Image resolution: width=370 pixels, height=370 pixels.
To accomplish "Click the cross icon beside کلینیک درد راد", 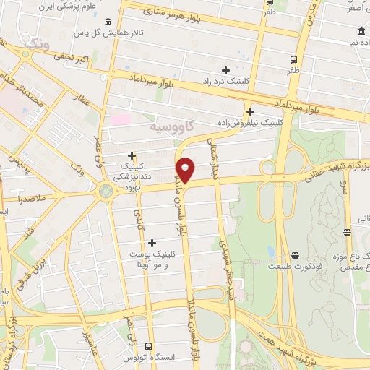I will pos(226,70).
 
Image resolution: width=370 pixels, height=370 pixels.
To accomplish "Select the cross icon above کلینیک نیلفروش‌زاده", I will pos(250,111).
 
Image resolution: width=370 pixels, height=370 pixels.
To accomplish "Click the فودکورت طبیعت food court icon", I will pos(295,255).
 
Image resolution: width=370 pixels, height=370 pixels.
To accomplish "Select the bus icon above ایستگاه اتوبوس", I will pos(149,347).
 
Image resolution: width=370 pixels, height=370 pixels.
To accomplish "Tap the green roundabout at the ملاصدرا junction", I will pos(106,191).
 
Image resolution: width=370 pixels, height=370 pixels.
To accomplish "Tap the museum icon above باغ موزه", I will pos(348,232).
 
